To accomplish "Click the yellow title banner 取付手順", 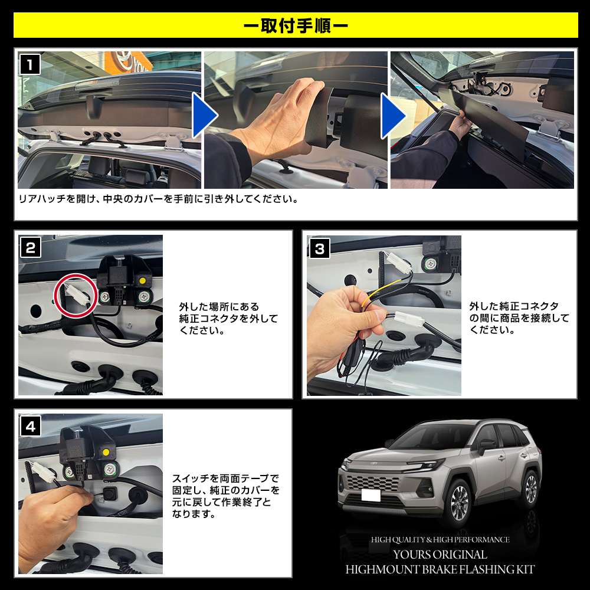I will [295, 26].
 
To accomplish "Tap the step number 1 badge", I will [30, 64].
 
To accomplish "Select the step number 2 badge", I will [30, 247].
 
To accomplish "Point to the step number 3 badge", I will [319, 248].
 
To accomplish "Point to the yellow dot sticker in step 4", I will [106, 453].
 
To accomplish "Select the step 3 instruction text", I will [519, 318].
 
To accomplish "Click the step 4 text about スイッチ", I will [225, 496].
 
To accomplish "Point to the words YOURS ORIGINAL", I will [441, 555].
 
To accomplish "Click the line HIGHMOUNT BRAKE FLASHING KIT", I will [441, 569].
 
